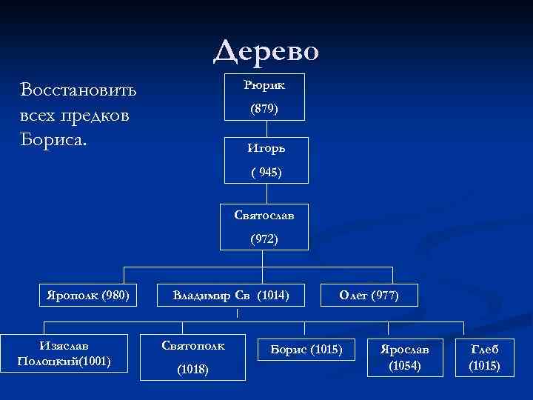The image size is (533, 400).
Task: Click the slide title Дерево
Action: pyautogui.click(x=266, y=51)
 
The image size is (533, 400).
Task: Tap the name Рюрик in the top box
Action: pyautogui.click(x=265, y=84)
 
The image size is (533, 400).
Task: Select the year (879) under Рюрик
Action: pyautogui.click(x=264, y=109)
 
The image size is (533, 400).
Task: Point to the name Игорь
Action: pyautogui.click(x=266, y=147)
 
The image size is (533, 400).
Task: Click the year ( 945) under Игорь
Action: pyautogui.click(x=266, y=173)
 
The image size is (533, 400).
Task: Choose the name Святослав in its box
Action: pyautogui.click(x=264, y=215)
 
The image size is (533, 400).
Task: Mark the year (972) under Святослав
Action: pyautogui.click(x=264, y=239)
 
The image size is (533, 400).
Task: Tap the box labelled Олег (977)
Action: pyautogui.click(x=369, y=296)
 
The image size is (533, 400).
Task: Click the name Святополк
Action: pyautogui.click(x=193, y=345)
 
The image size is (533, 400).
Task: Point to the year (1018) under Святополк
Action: pyautogui.click(x=193, y=370)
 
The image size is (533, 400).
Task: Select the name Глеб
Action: pyautogui.click(x=485, y=349)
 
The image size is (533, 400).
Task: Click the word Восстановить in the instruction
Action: pyautogui.click(x=79, y=90)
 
